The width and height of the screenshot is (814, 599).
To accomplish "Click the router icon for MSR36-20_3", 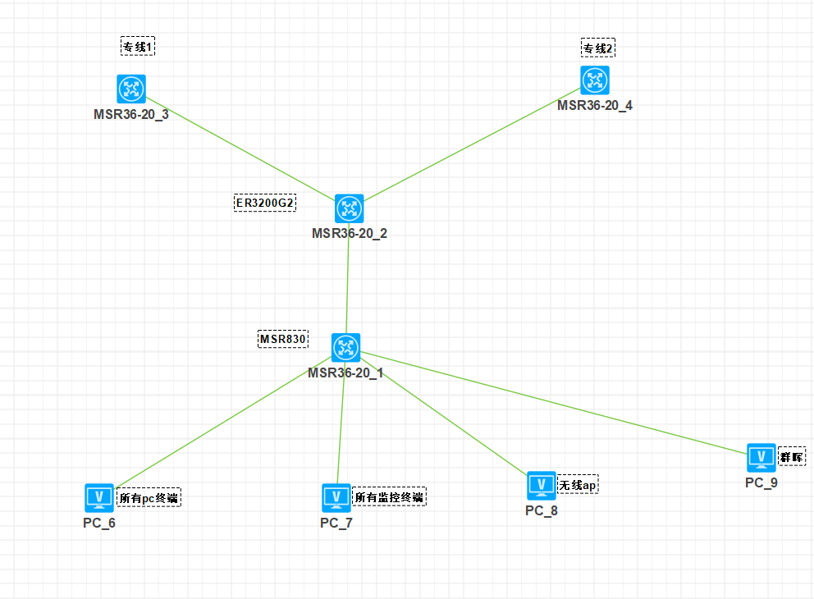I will [x=131, y=89].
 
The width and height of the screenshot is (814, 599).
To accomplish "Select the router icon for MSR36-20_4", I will [x=595, y=80].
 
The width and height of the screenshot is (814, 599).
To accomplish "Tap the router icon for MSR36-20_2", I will [x=349, y=208].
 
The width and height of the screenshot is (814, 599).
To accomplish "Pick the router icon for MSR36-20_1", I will [x=345, y=348].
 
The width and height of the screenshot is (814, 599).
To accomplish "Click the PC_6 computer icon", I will [x=99, y=497].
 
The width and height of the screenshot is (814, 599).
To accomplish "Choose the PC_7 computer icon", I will [x=336, y=497].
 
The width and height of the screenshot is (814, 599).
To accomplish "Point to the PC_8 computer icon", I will [x=541, y=485].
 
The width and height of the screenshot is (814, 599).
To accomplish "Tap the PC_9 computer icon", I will [x=761, y=457].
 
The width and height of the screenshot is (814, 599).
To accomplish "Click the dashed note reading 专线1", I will [x=138, y=47].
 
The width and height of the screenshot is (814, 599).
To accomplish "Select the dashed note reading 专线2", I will [x=598, y=48].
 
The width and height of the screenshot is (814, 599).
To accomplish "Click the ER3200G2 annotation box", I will [x=265, y=203].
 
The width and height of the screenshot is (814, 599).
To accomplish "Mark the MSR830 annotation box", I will [x=283, y=339].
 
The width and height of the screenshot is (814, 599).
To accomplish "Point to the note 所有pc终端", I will [x=149, y=497].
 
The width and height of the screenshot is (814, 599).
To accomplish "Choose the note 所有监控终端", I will [x=390, y=496].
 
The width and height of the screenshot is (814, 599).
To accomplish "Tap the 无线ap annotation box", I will [x=578, y=486].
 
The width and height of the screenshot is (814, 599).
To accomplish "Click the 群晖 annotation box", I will [x=792, y=456].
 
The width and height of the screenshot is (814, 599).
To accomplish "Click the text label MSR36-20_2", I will [x=350, y=233].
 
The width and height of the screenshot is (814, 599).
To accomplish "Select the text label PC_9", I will [x=761, y=482].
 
